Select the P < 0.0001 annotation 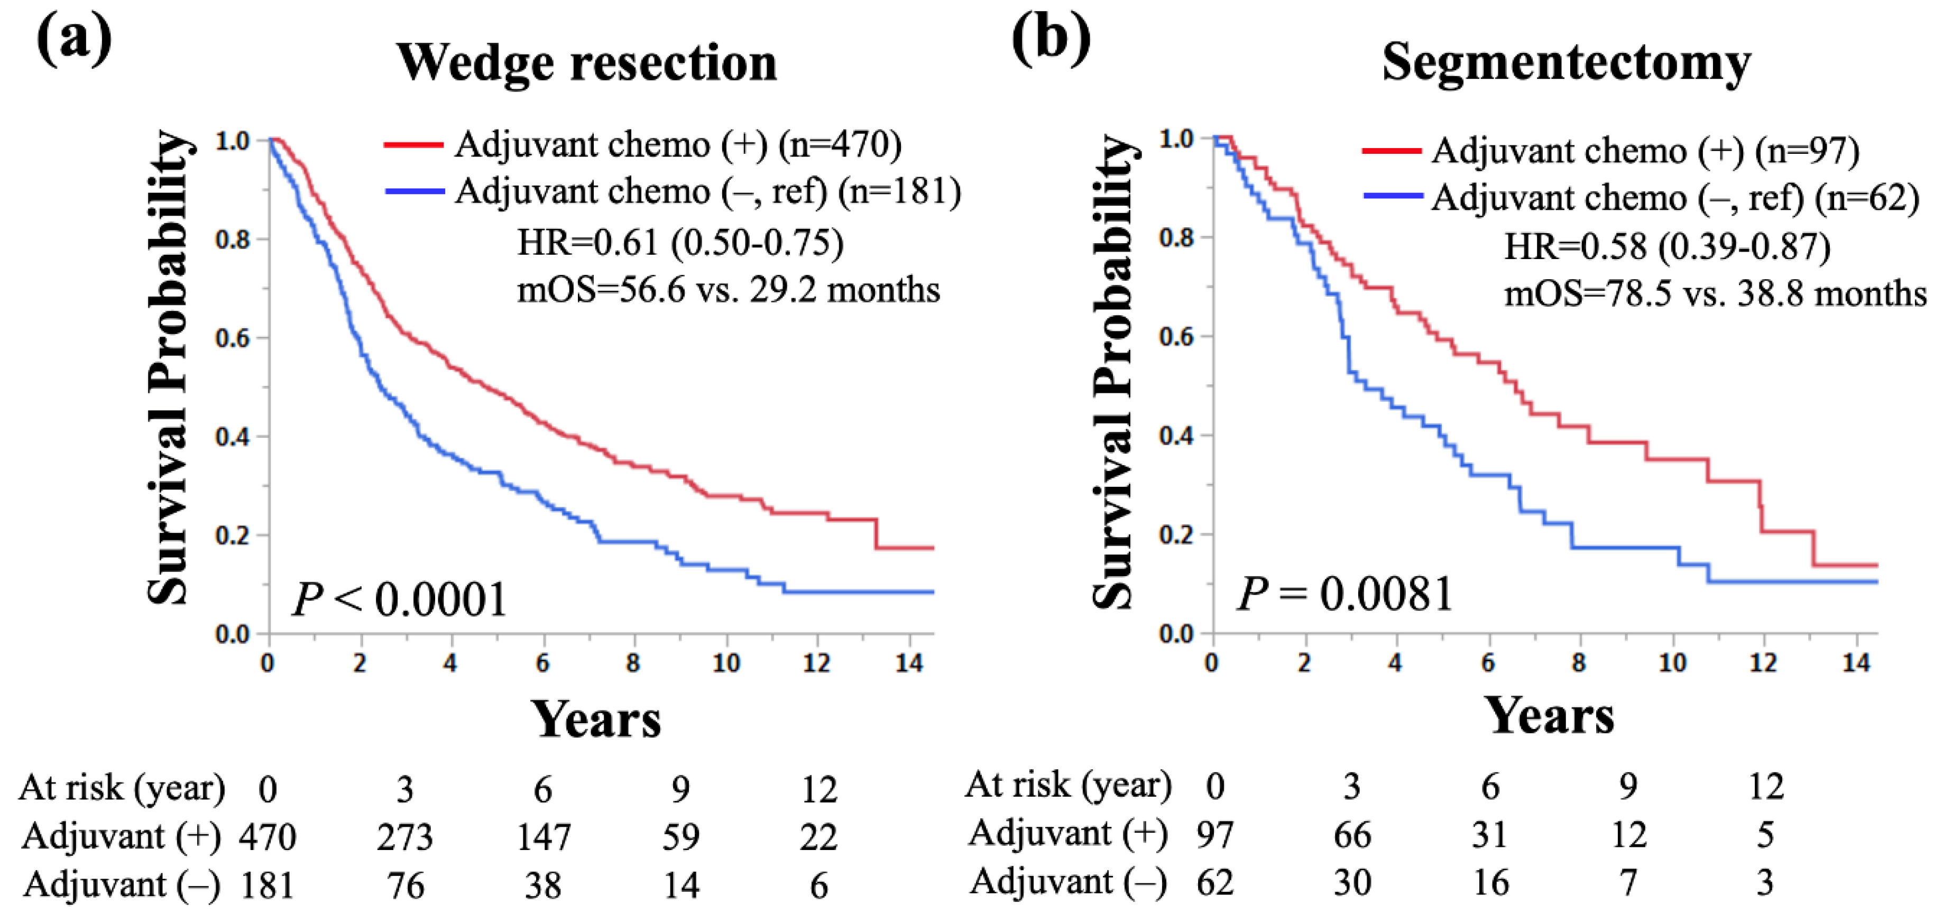(400, 600)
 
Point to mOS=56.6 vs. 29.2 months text (729, 290)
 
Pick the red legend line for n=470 (413, 145)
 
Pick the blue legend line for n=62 (1393, 198)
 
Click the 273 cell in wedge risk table (405, 837)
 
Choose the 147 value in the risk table (543, 837)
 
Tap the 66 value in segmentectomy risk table (1352, 835)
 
